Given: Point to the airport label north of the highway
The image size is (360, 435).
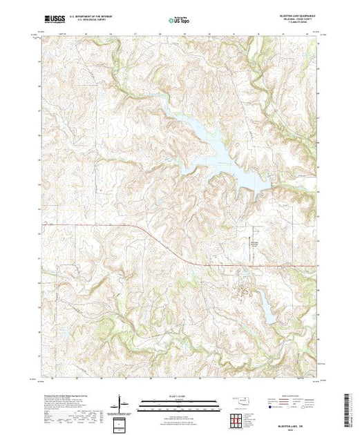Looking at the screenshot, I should tap(254, 244).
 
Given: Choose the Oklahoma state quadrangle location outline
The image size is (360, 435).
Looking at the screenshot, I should tap(238, 400).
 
